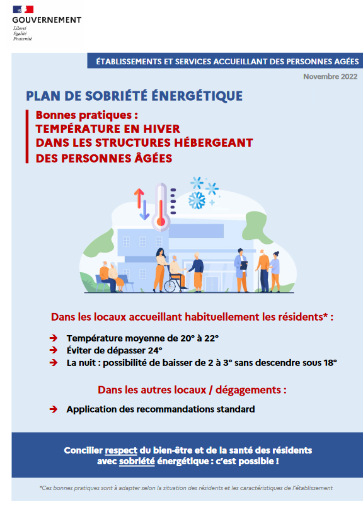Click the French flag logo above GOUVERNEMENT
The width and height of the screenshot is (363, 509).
(x=24, y=9)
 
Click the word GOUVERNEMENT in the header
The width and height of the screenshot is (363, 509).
(x=47, y=20)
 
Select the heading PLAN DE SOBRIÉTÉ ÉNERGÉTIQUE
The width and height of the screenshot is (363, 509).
(x=134, y=96)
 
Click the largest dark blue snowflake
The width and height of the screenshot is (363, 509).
(x=197, y=201)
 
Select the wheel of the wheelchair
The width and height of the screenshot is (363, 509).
(x=171, y=284)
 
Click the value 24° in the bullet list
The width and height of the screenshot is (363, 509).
(x=155, y=350)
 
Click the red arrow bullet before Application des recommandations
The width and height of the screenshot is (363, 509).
(x=54, y=409)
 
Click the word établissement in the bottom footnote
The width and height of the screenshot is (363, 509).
(x=311, y=488)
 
